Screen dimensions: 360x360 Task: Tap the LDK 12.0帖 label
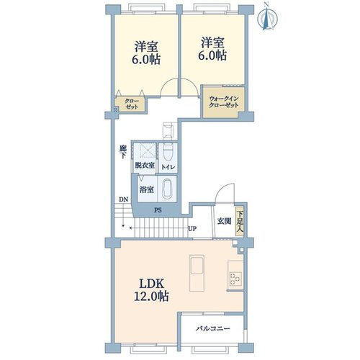pyautogui.click(x=151, y=290)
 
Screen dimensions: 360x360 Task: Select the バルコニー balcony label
pyautogui.click(x=213, y=328)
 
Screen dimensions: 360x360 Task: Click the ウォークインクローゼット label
pyautogui.click(x=223, y=102)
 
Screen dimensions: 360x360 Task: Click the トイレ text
pyautogui.click(x=168, y=167)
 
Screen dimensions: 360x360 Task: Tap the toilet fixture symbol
pyautogui.click(x=168, y=150)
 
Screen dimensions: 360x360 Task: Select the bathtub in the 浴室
pyautogui.click(x=168, y=189)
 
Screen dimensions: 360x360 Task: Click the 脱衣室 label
pyautogui.click(x=145, y=166)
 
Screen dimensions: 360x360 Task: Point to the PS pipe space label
pyautogui.click(x=158, y=210)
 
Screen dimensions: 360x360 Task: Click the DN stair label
pyautogui.click(x=124, y=199)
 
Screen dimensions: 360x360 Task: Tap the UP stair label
pyautogui.click(x=192, y=229)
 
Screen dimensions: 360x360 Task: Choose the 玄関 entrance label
pyautogui.click(x=225, y=221)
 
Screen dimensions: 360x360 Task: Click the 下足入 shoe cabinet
pyautogui.click(x=240, y=221)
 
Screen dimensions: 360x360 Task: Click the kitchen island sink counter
pyautogui.click(x=197, y=273)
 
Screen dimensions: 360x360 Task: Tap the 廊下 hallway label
pyautogui.click(x=123, y=152)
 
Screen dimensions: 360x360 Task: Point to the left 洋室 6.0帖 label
pyautogui.click(x=146, y=53)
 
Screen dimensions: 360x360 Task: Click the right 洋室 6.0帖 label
pyautogui.click(x=212, y=49)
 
